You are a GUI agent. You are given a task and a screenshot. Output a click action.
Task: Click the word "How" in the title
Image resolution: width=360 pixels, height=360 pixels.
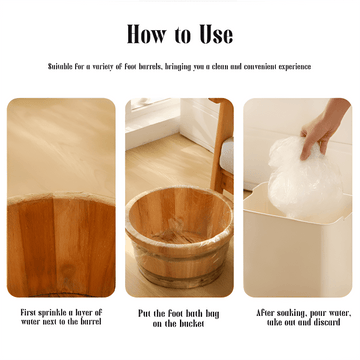(x=146, y=34)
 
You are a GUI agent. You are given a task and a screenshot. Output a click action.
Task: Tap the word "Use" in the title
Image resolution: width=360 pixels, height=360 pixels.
(x=216, y=34)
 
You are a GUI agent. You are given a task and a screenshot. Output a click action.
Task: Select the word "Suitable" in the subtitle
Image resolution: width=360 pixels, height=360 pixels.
(x=60, y=66)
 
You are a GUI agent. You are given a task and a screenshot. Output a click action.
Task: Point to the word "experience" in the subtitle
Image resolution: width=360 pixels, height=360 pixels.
(x=295, y=67)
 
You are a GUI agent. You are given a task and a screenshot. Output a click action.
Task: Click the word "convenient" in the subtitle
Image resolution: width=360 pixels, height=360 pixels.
(x=260, y=66)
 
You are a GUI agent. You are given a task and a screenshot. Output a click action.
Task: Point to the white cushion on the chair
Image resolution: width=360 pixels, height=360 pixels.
(x=227, y=156)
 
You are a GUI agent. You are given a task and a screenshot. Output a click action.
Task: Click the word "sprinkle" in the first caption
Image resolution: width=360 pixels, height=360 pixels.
(x=52, y=313)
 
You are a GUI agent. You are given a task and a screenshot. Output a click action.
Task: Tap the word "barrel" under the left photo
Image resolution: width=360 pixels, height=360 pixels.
(x=91, y=322)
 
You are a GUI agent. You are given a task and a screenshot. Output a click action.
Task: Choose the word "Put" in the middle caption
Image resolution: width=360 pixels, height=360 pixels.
(x=144, y=314)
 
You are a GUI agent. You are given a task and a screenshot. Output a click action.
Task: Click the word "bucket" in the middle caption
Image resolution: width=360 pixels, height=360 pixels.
(x=192, y=323)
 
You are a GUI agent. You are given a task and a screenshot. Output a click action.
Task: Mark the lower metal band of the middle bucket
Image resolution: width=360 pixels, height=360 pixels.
(x=180, y=274)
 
